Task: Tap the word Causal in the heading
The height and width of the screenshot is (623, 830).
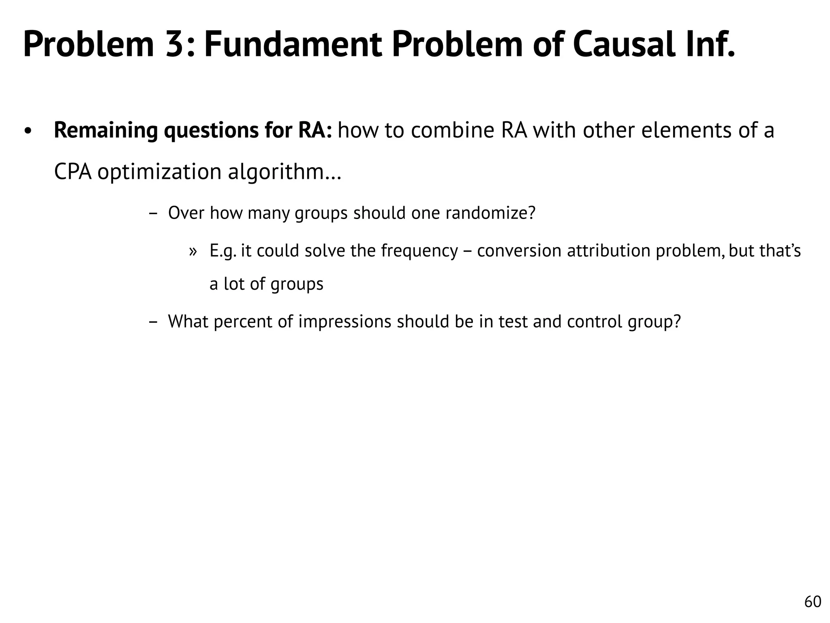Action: pyautogui.click(x=624, y=45)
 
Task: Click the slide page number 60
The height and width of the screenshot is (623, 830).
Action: pyautogui.click(x=813, y=602)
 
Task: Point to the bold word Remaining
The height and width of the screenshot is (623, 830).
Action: pyautogui.click(x=106, y=131)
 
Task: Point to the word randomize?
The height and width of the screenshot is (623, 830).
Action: pyautogui.click(x=490, y=213)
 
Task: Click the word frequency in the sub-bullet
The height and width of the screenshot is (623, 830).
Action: pyautogui.click(x=419, y=251)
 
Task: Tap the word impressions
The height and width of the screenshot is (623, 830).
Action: pyautogui.click(x=345, y=322)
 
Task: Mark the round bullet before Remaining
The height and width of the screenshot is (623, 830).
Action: pyautogui.click(x=28, y=132)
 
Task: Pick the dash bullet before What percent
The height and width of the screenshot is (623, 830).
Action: pyautogui.click(x=153, y=322)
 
